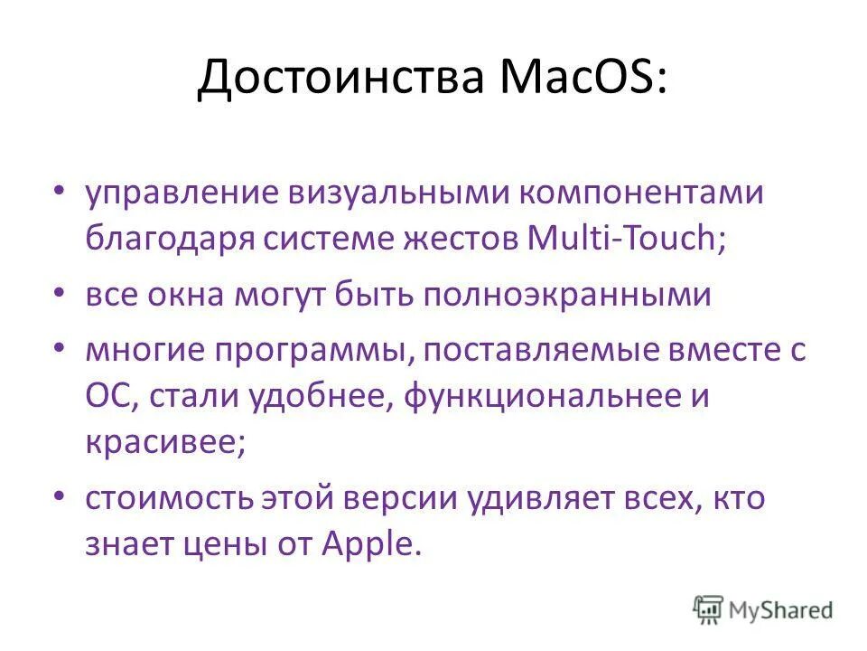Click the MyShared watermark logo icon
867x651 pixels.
pos(709,608)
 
